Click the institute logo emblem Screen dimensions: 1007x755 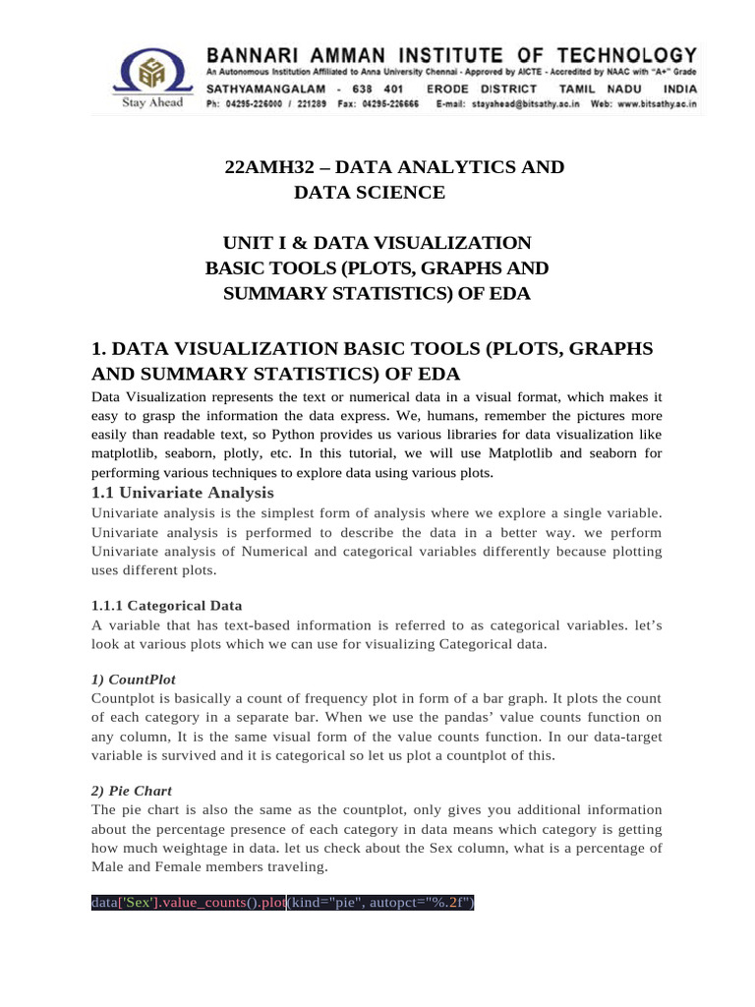pos(150,72)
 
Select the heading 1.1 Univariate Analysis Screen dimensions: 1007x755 pos(182,493)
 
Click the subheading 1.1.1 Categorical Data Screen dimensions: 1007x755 pos(166,605)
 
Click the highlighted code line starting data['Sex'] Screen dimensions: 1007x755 pos(282,903)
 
